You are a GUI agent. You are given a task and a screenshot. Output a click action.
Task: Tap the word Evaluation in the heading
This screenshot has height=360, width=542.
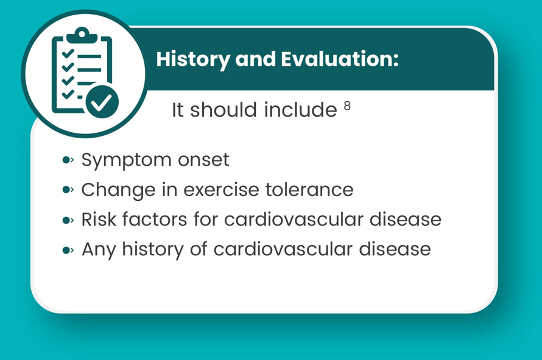pos(339,59)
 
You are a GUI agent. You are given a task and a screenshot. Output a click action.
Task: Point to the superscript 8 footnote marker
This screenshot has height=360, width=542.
pos(347,106)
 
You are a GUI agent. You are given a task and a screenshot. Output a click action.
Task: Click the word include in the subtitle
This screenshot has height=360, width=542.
pos(300,110)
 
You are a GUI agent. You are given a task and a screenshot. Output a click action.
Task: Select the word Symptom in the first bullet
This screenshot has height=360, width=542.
pos(126,160)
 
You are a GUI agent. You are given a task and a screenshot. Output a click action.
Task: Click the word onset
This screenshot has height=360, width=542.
pos(203,160)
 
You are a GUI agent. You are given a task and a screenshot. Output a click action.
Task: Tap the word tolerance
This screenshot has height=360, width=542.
pos(309,189)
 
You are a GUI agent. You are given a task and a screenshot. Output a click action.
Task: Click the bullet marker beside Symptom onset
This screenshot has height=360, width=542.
pos(68,160)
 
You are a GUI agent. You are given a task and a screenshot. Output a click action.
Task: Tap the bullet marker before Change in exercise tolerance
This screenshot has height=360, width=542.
pos(68,189)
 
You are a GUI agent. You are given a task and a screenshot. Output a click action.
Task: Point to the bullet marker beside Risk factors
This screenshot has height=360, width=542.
pos(68,220)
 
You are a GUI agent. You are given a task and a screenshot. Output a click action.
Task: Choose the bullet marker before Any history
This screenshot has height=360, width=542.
pos(68,250)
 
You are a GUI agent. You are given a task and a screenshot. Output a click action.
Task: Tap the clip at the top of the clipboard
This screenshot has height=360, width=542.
pos(82,35)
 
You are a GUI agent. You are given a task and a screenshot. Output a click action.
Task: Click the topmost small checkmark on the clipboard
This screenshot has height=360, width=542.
pos(68,54)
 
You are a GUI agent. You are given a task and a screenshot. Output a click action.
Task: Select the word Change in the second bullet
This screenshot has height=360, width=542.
pos(118,190)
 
